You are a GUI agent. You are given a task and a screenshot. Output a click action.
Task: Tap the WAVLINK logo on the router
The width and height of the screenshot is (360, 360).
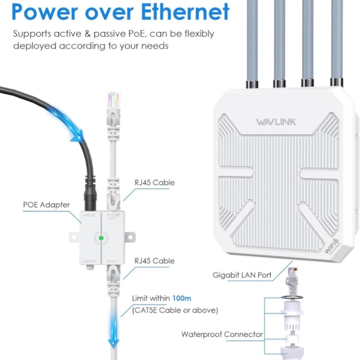coord(276,122)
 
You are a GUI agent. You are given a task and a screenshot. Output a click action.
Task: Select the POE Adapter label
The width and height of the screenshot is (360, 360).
coord(47,204)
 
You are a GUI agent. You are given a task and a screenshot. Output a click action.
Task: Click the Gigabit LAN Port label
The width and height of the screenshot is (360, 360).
coord(242,275)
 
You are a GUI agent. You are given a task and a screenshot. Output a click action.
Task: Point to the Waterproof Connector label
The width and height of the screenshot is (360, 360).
coord(222,334)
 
